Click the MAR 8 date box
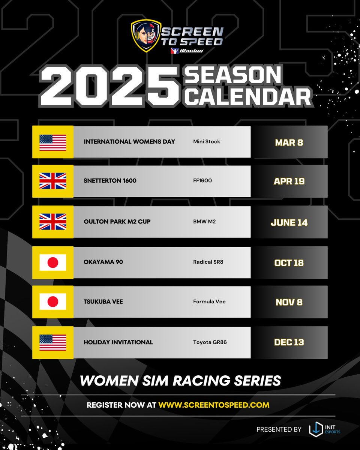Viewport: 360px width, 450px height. coord(289,142)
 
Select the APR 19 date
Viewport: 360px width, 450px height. coord(289,181)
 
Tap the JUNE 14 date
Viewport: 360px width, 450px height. coord(289,222)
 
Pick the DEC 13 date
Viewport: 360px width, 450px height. coord(289,342)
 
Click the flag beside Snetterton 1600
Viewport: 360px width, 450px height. coord(53,181)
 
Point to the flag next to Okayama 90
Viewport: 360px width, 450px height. coord(53,262)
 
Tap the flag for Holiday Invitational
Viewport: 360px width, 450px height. coord(53,342)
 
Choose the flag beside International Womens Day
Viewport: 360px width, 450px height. coord(53,142)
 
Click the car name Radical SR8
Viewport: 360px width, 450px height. coord(208,262)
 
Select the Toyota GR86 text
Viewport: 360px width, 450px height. coord(210,342)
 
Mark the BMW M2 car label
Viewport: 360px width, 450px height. coord(204,222)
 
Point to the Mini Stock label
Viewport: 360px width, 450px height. coord(207,142)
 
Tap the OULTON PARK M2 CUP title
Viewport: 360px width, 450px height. coord(117,222)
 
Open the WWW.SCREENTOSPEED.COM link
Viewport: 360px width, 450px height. coord(214,405)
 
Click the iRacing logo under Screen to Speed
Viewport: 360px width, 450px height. coord(187,51)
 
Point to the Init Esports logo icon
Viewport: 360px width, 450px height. coord(316,429)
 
